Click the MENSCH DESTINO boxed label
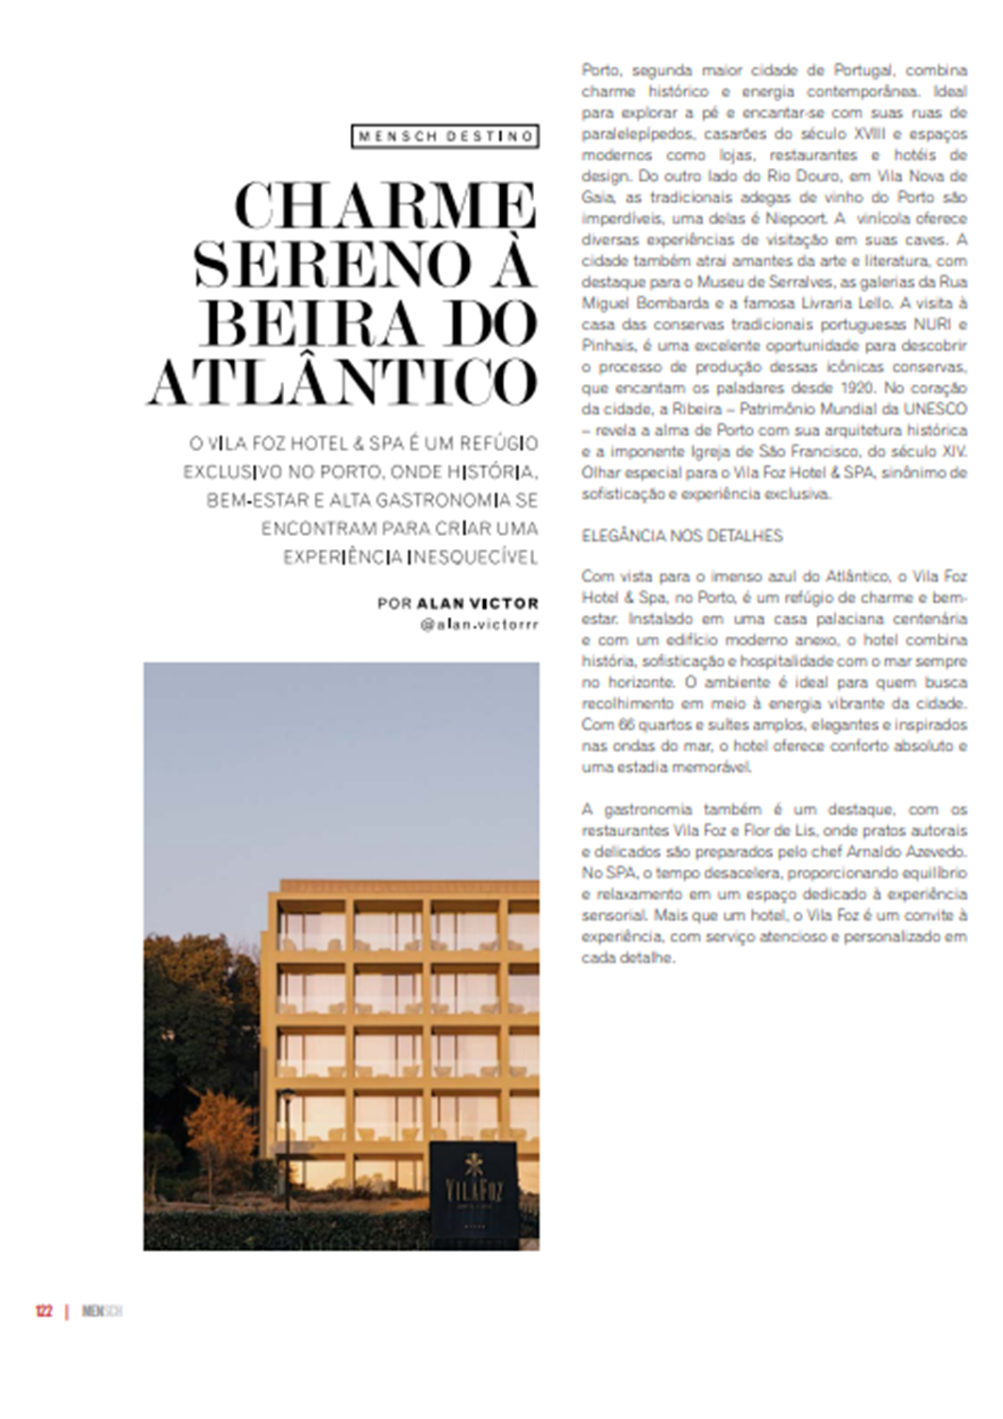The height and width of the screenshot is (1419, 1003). [445, 137]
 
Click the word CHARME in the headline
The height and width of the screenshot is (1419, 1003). [386, 207]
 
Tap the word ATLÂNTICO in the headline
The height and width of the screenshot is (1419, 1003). [343, 382]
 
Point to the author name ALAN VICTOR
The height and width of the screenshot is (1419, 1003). [477, 604]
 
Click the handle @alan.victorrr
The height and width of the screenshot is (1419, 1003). [480, 625]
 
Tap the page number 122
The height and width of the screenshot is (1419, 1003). [43, 1311]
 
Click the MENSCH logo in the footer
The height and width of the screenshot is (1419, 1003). [102, 1311]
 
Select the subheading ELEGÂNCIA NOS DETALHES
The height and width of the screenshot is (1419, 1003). [682, 536]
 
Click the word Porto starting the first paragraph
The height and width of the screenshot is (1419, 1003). [600, 71]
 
